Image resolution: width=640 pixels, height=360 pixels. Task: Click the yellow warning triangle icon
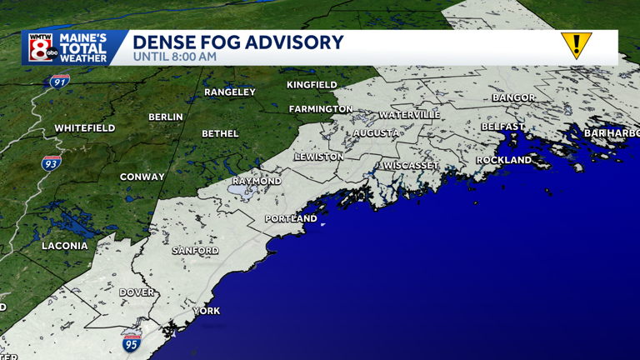[576, 45]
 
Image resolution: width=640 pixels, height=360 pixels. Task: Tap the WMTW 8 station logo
[42, 47]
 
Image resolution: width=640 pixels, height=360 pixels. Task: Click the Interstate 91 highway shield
[58, 82]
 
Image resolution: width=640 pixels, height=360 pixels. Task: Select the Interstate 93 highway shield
[51, 163]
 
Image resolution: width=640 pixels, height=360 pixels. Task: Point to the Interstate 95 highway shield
[131, 342]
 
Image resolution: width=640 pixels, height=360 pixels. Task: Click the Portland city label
[291, 219]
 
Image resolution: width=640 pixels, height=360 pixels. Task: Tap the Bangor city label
[513, 97]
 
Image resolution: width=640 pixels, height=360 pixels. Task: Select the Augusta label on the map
[376, 133]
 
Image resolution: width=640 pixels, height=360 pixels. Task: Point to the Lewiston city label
[318, 157]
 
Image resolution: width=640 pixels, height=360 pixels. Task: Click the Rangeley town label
[230, 92]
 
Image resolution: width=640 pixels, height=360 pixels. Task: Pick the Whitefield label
[85, 128]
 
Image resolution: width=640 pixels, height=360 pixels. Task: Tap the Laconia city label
[65, 246]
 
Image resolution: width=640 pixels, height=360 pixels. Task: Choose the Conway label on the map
[142, 177]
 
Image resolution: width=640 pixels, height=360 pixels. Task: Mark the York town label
[207, 311]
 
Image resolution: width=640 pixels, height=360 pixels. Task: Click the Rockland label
[503, 160]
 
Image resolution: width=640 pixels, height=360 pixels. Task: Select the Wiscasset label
[411, 166]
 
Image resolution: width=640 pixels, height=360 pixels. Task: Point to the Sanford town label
[195, 251]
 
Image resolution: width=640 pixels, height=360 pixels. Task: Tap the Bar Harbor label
[611, 133]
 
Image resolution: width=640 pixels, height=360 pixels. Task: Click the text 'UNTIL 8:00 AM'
[175, 57]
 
